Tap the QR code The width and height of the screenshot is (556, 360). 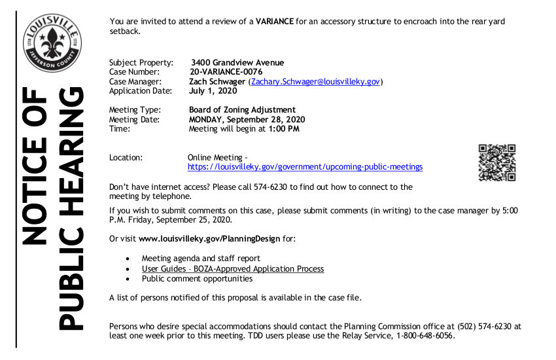[x=497, y=162]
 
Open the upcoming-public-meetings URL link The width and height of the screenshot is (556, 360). [x=305, y=167]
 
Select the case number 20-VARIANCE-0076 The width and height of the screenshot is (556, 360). [x=226, y=72]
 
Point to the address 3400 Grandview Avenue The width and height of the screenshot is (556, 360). [x=233, y=62]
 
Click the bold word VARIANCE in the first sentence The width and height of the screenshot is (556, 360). [x=274, y=22]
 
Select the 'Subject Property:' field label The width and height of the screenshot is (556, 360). [x=141, y=62]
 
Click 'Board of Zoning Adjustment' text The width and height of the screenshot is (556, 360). [x=242, y=110]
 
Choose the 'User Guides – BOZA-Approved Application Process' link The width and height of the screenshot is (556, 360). [x=233, y=269]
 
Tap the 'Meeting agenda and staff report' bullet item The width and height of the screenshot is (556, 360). [x=201, y=259]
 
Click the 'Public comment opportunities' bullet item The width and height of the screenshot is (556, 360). [x=197, y=279]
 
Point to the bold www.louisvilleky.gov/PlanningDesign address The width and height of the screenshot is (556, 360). [x=209, y=239]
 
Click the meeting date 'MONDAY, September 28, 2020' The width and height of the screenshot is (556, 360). [x=247, y=120]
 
